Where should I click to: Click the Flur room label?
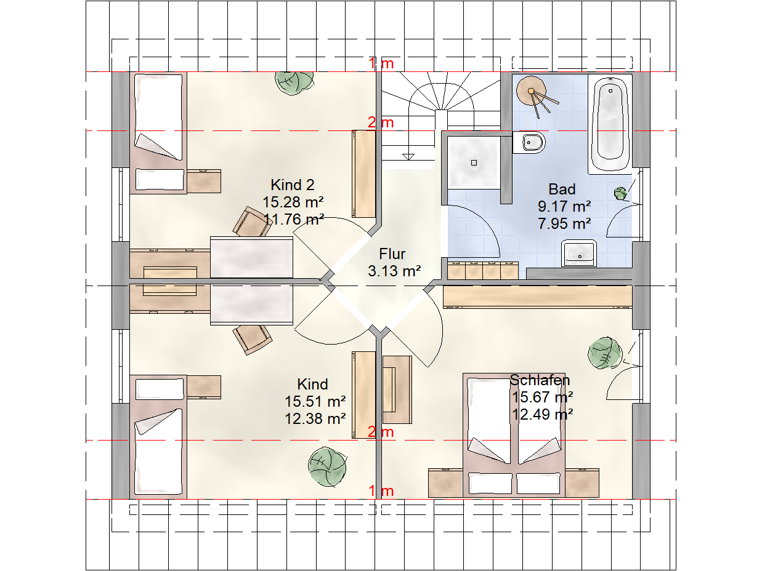392,254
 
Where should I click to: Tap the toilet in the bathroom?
529,142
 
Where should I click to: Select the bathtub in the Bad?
610,124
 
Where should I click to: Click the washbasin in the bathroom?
578,253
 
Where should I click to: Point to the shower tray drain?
474,162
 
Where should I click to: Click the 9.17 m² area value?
564,207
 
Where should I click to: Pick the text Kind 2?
293,185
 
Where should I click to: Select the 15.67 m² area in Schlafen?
542,397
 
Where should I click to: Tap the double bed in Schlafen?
514,435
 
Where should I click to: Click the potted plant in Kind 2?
294,82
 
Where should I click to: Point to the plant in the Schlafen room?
605,353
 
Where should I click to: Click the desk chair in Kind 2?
253,222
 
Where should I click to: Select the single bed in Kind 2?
158,133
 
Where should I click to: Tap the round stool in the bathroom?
531,91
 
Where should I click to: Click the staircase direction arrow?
408,157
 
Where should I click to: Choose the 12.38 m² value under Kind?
315,419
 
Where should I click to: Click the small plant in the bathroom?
620,193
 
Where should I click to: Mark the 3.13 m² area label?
394,271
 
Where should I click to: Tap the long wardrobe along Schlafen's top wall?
537,297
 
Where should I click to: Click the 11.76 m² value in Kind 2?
293,220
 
